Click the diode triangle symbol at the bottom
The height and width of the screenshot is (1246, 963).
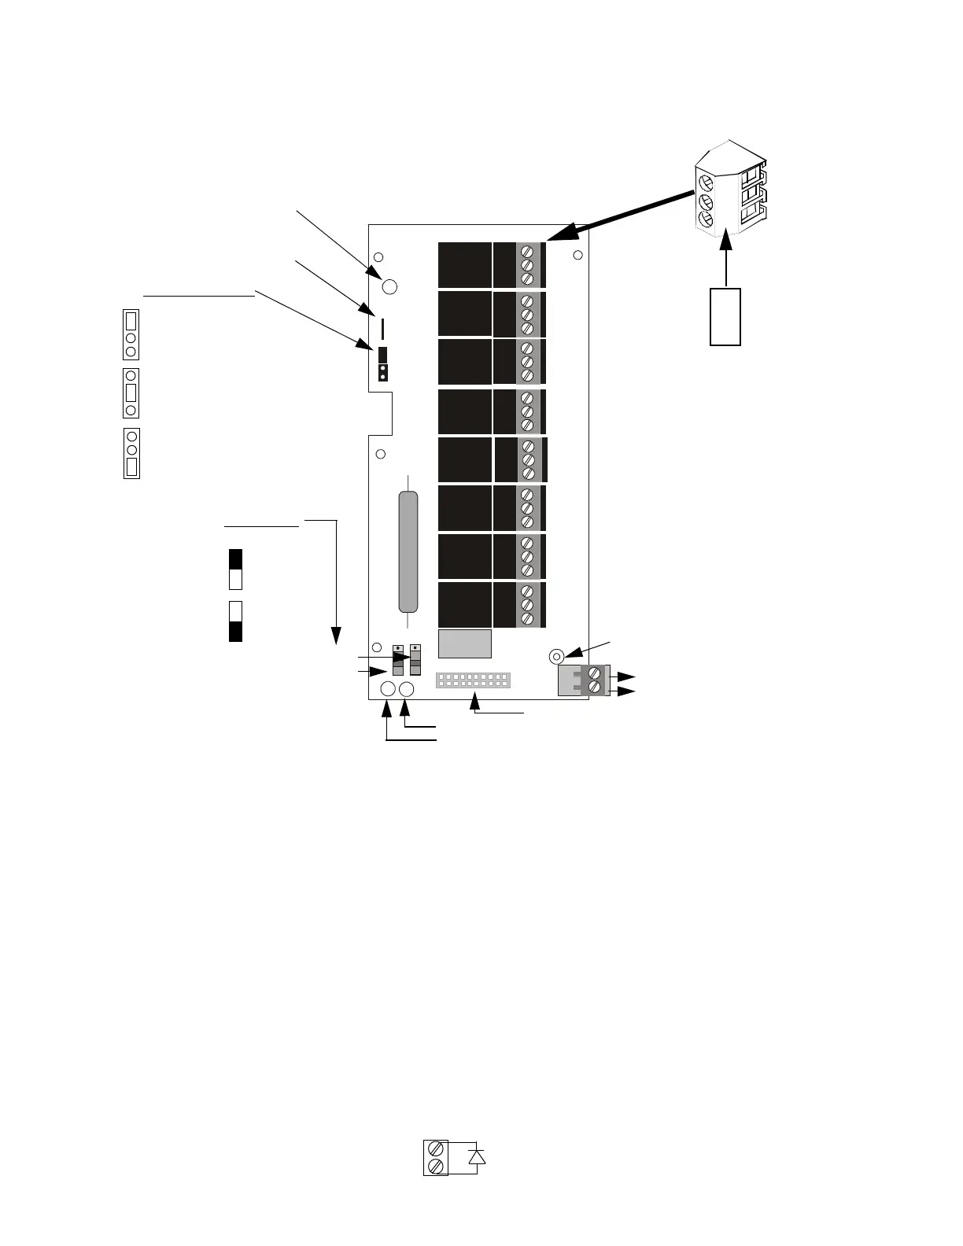click(x=476, y=1156)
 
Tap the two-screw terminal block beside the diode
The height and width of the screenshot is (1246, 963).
click(x=436, y=1157)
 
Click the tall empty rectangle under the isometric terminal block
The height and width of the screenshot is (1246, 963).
click(x=725, y=316)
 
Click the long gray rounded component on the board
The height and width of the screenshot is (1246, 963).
click(x=408, y=551)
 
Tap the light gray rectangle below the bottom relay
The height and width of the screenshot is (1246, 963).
click(x=465, y=643)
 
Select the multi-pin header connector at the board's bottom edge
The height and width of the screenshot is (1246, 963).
click(x=473, y=680)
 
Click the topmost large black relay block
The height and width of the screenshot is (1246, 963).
click(x=465, y=265)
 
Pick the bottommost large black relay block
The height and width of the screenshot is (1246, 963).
click(x=465, y=604)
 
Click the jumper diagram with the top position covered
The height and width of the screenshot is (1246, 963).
click(x=131, y=335)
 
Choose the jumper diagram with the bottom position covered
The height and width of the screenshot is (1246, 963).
click(x=131, y=453)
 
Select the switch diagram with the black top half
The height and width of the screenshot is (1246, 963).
click(x=235, y=570)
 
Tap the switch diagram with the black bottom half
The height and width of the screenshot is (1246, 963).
click(x=235, y=621)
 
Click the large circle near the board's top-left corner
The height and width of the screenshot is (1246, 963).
click(x=389, y=286)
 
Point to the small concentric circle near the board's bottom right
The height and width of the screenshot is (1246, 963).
click(x=555, y=655)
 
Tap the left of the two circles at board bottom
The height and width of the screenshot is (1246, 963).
click(x=388, y=690)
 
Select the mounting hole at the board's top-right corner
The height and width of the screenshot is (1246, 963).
click(x=577, y=255)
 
